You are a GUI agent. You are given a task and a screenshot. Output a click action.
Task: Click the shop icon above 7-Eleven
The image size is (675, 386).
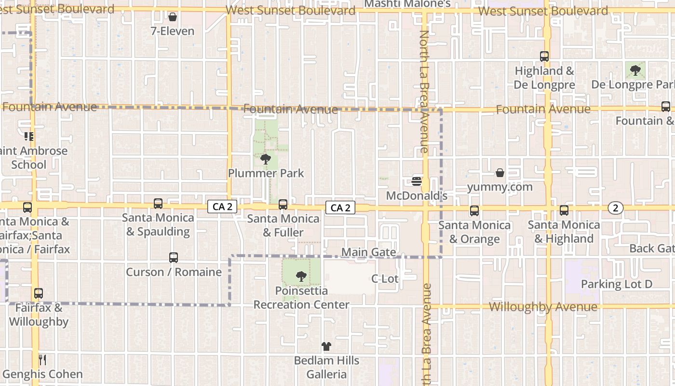click(x=173, y=17)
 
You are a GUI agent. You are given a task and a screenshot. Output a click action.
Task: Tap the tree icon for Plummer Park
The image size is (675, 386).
click(x=265, y=159)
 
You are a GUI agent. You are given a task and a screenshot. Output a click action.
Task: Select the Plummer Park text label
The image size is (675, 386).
click(x=266, y=173)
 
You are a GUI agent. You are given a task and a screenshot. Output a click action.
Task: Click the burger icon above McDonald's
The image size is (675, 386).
click(x=417, y=181)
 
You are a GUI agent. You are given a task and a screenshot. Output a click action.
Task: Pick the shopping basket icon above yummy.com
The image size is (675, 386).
click(x=500, y=173)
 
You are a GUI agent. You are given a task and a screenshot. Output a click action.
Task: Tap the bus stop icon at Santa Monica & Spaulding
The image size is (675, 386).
click(x=158, y=204)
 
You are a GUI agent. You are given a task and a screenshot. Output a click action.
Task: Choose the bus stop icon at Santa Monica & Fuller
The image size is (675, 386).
click(x=283, y=205)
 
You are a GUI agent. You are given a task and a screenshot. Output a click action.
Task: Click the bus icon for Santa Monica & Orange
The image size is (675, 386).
click(x=474, y=211)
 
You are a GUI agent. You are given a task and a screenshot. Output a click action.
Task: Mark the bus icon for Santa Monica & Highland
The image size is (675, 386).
click(x=564, y=210)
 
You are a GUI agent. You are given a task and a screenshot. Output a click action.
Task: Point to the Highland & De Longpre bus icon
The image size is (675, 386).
click(x=544, y=56)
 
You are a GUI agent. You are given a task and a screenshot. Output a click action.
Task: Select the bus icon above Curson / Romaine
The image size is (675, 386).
click(x=174, y=258)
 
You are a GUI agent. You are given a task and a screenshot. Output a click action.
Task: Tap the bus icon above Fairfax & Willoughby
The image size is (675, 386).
click(x=39, y=293)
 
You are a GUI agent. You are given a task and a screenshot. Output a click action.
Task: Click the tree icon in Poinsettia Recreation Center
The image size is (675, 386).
click(x=301, y=276)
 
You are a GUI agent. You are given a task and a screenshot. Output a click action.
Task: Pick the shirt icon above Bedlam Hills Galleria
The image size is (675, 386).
click(x=326, y=346)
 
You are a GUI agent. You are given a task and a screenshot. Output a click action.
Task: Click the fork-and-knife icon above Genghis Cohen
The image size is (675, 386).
click(x=42, y=359)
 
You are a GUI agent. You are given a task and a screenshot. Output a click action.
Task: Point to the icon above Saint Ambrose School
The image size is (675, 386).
click(x=29, y=137)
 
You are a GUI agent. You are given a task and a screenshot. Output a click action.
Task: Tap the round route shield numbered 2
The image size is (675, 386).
click(x=615, y=208)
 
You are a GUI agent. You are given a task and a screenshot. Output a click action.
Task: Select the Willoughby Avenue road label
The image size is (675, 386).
click(x=543, y=307)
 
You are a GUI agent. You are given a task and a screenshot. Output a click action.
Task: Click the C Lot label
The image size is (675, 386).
click(x=385, y=279)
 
